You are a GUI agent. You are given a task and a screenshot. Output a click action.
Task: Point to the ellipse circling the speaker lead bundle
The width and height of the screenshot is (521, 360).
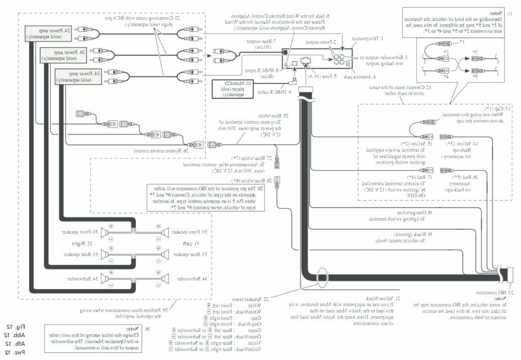322,278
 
